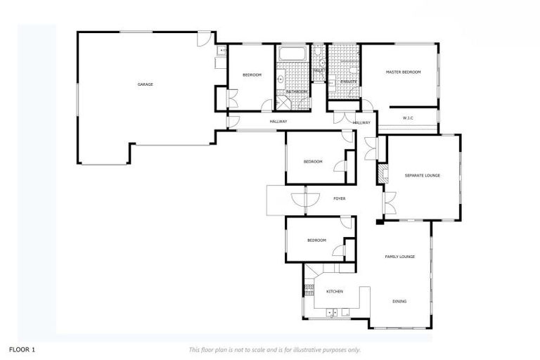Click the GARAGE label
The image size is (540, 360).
146,84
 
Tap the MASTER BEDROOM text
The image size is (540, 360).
403,72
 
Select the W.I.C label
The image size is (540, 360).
408,117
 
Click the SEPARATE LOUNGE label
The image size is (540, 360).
422,175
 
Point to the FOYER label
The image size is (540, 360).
339,199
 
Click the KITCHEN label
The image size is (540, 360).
335,291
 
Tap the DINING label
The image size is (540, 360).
399,302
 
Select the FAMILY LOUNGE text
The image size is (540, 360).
399,257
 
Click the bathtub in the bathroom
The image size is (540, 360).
290,54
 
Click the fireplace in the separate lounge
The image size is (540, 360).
382,174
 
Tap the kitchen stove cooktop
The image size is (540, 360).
308,288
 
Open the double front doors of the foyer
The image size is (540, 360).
300,200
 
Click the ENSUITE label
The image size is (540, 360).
348,82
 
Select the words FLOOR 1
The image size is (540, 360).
22,349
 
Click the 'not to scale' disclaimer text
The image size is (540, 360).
275,349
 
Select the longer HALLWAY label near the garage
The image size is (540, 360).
278,122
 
